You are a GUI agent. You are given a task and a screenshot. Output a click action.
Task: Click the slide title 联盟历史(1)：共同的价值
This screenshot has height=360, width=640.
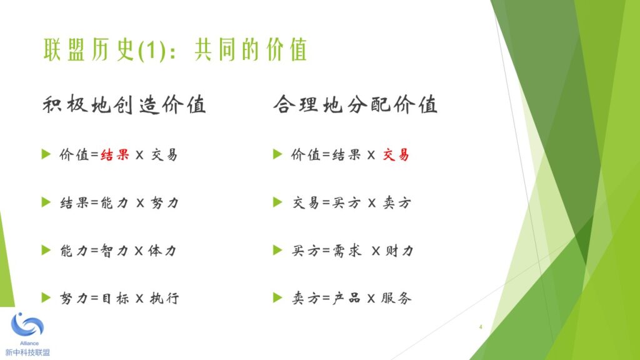pos(175,50)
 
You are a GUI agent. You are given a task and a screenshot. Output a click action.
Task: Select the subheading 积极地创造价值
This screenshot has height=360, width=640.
pos(124,104)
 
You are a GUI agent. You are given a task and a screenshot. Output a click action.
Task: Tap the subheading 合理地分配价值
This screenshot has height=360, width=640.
pos(356,104)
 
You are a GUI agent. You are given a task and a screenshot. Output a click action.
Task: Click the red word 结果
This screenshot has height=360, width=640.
pos(115,155)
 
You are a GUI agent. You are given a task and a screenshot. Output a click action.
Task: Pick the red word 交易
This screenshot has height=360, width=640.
pos(396,155)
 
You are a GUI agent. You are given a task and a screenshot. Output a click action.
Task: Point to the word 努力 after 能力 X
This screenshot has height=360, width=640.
pos(164,202)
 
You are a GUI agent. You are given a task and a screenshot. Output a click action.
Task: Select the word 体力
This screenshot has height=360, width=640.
pos(162,250)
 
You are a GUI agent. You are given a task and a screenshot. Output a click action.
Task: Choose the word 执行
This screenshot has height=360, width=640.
pos(164,298)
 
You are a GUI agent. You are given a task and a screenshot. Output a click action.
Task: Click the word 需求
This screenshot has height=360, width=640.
pos(347,250)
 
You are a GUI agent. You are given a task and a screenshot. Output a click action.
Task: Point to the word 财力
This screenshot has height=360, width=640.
pos(399,250)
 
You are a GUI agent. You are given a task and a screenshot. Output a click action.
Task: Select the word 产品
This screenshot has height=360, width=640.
pos(346,298)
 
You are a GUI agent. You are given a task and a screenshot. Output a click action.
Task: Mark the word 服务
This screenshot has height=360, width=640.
pos(396,298)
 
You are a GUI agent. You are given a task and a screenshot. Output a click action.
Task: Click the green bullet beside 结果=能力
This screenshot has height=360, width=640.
pos(46,202)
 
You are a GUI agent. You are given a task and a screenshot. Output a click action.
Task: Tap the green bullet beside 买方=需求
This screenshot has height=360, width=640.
pos(277,250)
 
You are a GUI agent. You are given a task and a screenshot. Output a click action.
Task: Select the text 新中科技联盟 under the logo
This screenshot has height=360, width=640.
pos(27,352)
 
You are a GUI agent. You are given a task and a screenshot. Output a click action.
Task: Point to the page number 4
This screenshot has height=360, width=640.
pos(481,327)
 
